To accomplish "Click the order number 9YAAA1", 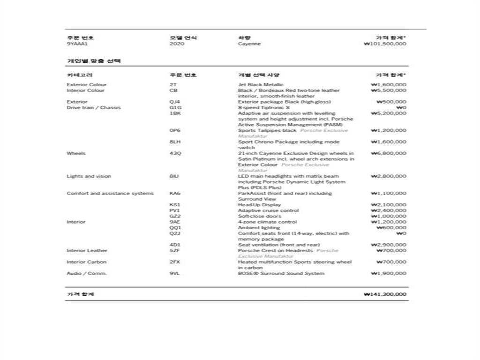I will [77, 44].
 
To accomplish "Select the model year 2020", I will [177, 44].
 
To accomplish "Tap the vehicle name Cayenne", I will [249, 44].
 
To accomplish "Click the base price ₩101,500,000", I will [385, 44].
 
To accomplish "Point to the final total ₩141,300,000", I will [385, 294].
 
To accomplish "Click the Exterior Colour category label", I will [87, 85].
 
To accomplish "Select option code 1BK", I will [175, 113].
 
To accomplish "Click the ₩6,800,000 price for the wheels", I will [389, 153].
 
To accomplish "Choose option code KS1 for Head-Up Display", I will [175, 205].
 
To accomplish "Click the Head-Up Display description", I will [260, 205].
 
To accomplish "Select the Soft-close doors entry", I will [260, 216].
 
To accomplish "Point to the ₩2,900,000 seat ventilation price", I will [389, 245].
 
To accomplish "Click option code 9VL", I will [175, 273].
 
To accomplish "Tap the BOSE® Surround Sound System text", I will [281, 273].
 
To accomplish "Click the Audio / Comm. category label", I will [87, 273].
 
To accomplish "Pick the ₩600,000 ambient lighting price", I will [391, 228].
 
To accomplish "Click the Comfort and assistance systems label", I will [110, 193].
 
